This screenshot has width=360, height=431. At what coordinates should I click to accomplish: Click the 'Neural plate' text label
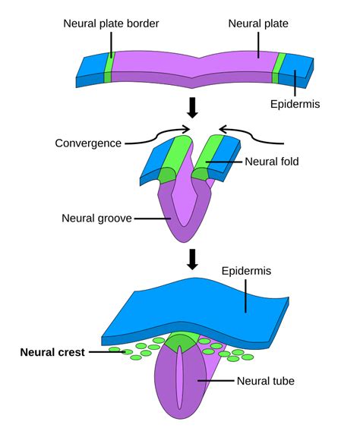pyautogui.click(x=258, y=24)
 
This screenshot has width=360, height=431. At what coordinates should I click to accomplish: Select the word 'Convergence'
pyautogui.click(x=89, y=143)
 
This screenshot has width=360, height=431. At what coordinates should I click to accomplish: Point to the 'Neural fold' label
pyautogui.click(x=272, y=162)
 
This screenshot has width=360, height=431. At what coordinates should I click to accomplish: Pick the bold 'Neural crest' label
pyautogui.click(x=52, y=352)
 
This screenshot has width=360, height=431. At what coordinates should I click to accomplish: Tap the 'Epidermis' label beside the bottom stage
pyautogui.click(x=245, y=271)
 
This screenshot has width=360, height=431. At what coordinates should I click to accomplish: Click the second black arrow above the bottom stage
pyautogui.click(x=192, y=259)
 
